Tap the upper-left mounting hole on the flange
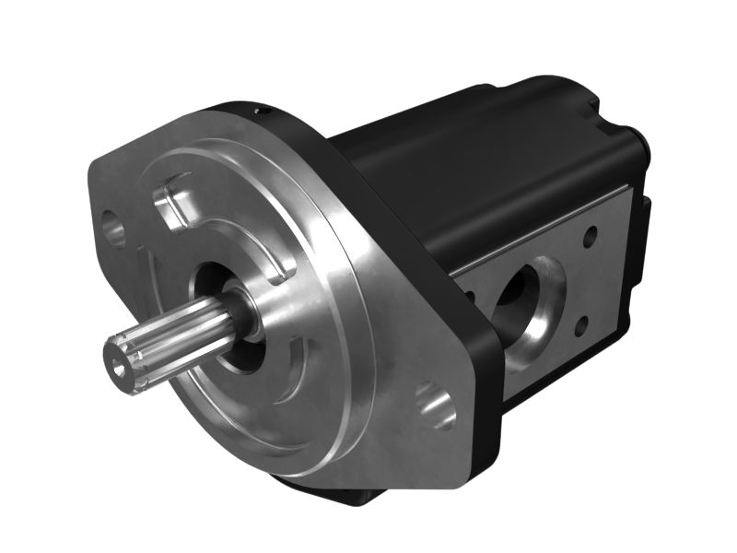point(115,229)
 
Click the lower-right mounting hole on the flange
point(436,406)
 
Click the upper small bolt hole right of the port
point(590,239)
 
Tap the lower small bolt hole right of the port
point(581,324)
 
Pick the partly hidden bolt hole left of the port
point(471,297)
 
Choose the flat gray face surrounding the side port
point(553,276)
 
